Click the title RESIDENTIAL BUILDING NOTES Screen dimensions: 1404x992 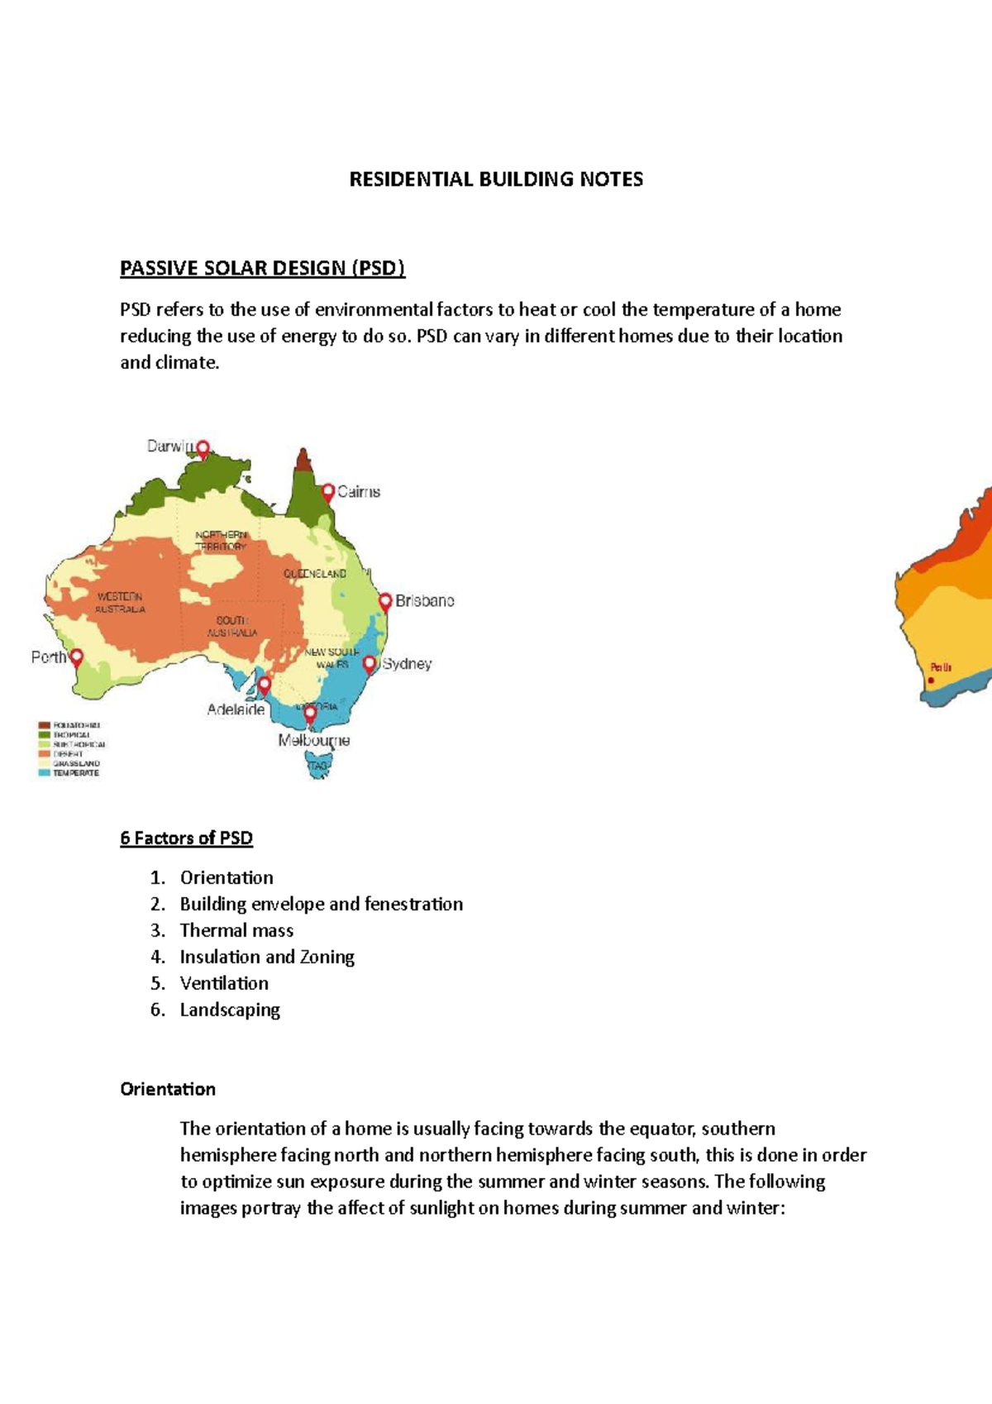click(x=496, y=179)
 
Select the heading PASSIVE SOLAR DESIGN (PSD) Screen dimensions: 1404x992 click(x=262, y=268)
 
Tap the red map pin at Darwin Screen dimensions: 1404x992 click(x=203, y=449)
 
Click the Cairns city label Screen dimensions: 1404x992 click(x=359, y=492)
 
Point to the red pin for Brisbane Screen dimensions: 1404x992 click(x=385, y=601)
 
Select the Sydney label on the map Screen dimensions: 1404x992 click(x=407, y=664)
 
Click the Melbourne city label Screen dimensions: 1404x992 click(x=313, y=741)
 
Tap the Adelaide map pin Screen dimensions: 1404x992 click(x=264, y=685)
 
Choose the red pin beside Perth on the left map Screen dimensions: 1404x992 click(x=76, y=657)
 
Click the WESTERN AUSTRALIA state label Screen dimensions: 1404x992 click(x=120, y=603)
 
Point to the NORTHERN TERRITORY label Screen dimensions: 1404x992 click(x=221, y=541)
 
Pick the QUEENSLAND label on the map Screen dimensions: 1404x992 click(x=315, y=573)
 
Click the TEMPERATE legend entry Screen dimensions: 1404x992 click(x=76, y=773)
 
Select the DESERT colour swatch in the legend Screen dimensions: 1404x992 click(x=44, y=754)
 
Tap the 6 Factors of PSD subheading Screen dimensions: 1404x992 click(x=186, y=838)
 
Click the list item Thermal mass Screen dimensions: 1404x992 click(x=236, y=931)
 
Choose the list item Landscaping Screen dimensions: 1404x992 click(x=230, y=1010)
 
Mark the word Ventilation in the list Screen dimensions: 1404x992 click(x=224, y=984)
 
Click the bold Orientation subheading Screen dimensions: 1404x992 click(x=168, y=1090)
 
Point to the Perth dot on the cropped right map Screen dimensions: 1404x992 click(x=931, y=681)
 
